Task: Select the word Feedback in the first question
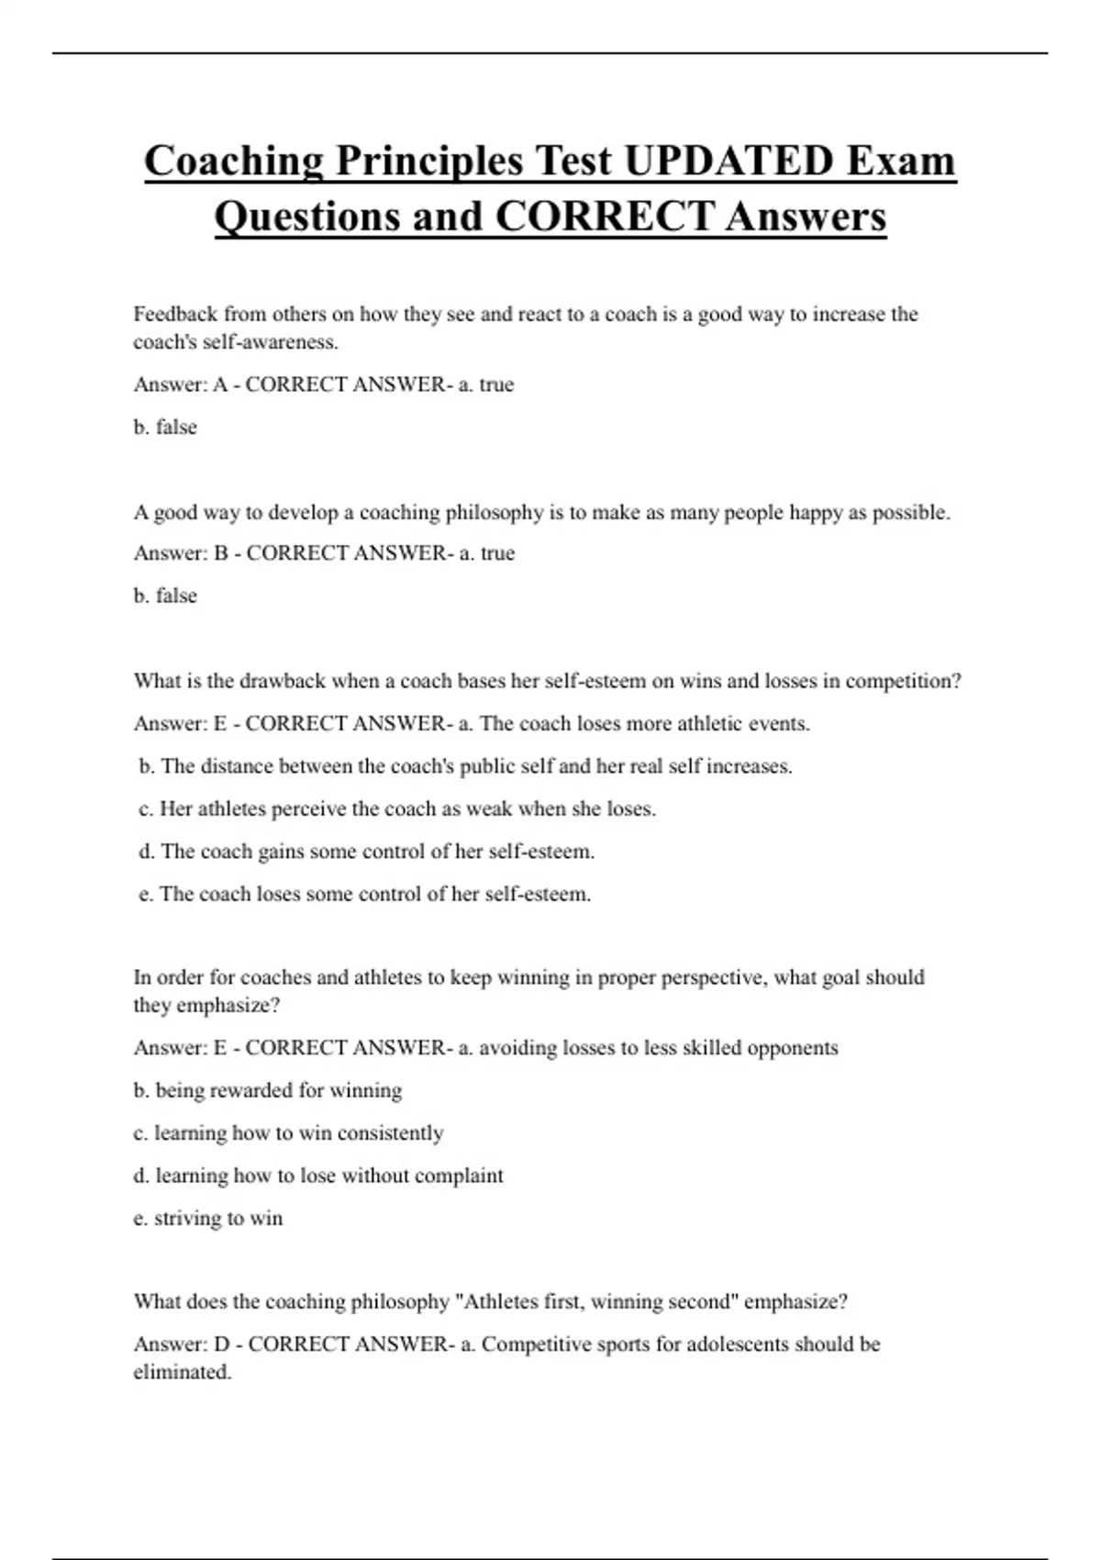[175, 314]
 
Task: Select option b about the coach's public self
[465, 766]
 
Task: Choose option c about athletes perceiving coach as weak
[397, 808]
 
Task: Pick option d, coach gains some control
[367, 852]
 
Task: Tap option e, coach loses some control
[365, 894]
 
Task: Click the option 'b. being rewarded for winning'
[268, 1090]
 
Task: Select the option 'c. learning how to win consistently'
[288, 1133]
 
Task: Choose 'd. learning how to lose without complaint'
[318, 1176]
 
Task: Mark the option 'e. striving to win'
[208, 1218]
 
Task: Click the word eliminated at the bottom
[182, 1373]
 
